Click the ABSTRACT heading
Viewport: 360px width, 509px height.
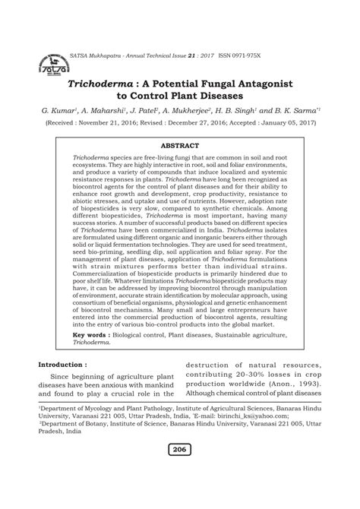(x=179, y=144)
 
